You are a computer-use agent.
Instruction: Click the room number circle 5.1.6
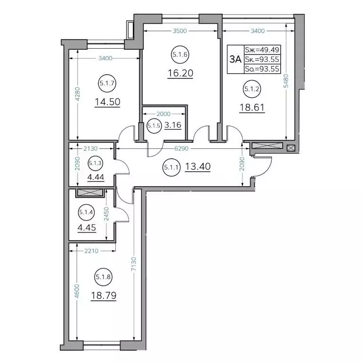pos(180,55)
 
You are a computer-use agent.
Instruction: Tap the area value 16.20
pos(181,73)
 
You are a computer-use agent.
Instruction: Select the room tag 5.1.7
pos(107,83)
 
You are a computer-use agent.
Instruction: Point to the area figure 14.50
pos(107,102)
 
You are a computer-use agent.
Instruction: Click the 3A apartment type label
pos(235,59)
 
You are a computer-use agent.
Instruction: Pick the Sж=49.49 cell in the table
pos(262,50)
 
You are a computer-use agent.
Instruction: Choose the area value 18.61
pos(252,107)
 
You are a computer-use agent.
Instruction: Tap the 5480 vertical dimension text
pos(286,81)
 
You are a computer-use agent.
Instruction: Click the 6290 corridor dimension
pos(181,148)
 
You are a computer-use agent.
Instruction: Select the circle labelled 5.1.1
pos(171,167)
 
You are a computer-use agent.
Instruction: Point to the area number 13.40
pos(198,166)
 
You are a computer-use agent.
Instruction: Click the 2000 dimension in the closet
pos(164,114)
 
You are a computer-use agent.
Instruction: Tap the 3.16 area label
pos(173,125)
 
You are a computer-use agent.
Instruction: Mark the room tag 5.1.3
pos(95,163)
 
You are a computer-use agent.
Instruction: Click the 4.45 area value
pos(87,228)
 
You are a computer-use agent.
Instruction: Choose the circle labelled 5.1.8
pos(103,277)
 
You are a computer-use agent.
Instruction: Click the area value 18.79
pos(104,295)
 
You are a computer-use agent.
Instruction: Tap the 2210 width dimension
pos(91,251)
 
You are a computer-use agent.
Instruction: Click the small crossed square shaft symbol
pos(291,148)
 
